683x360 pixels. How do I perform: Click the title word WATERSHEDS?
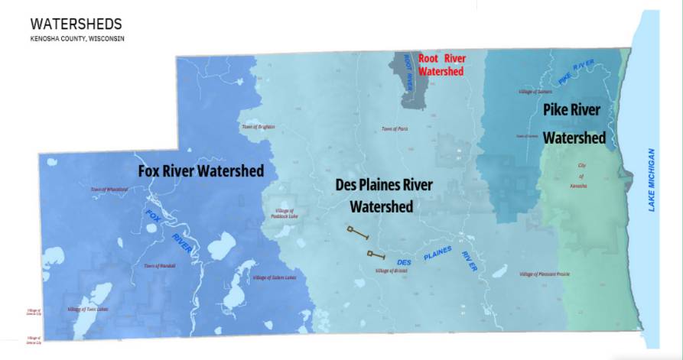pos(75,25)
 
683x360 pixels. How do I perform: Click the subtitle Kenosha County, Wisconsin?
pos(76,38)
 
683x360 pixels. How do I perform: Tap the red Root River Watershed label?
pos(441,65)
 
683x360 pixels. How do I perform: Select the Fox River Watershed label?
pos(201,170)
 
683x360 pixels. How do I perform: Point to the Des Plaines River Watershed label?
pos(384,196)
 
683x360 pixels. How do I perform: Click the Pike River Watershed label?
pos(574,123)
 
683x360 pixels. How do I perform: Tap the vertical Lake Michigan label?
pos(652,180)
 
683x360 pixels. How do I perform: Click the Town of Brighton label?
pos(258,127)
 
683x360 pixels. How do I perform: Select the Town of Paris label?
pos(395,129)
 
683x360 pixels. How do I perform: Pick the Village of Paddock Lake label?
pos(282,213)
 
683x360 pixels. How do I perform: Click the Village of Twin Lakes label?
pos(88,309)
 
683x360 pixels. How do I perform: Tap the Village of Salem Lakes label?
pos(274,277)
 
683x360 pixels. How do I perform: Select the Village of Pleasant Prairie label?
pos(545,274)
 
